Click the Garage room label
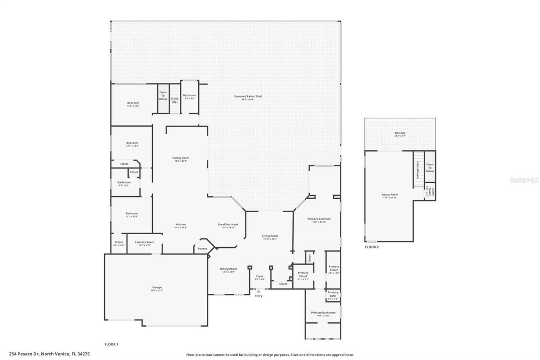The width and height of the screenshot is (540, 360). pos(156,287)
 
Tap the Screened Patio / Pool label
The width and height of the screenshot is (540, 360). pos(248,97)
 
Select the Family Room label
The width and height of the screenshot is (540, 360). pos(181,158)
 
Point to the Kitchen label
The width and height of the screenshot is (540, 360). pos(180,225)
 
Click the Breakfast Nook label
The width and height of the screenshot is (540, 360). pos(228,225)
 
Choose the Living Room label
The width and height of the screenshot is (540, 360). pos(270,236)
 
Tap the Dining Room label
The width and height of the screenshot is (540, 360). pos(228,269)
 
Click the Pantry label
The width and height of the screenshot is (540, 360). pos(202,249)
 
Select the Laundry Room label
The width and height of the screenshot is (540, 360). pos(144,242)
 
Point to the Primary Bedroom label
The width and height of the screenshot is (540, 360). pos(319,219)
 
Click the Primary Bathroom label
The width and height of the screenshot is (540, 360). pos(323,313)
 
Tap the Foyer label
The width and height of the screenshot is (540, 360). pos(259,276)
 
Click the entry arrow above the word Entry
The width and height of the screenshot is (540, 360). pos(259,291)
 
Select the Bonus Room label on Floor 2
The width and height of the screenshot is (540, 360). pos(390,195)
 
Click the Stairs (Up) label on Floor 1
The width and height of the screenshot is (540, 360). pos(174,100)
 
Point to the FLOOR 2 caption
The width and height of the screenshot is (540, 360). pos(372,247)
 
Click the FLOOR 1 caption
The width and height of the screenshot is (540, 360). pos(111,344)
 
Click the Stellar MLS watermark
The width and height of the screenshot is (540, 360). pos(524,180)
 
